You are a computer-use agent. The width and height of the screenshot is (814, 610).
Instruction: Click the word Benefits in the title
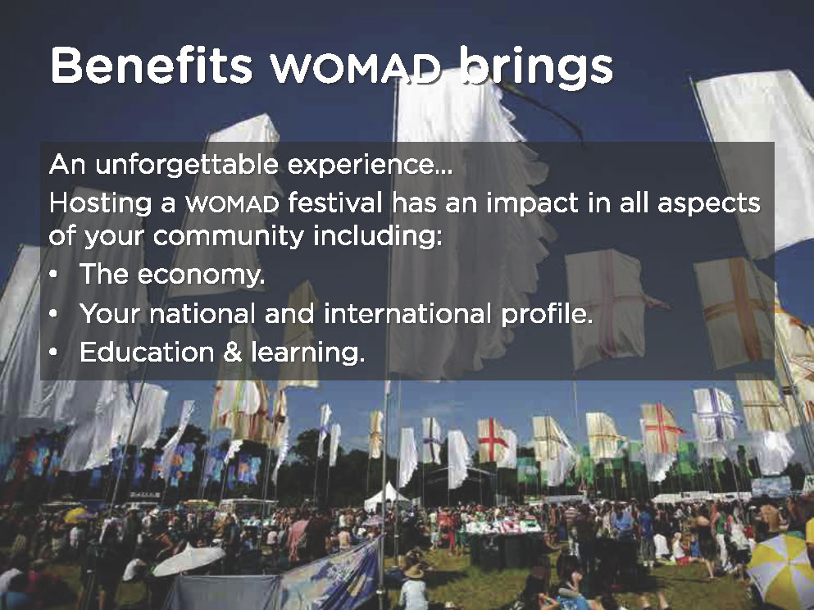pos(151,66)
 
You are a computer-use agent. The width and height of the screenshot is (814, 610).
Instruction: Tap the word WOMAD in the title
pos(355,69)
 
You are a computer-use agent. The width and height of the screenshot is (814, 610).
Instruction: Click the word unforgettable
pos(188,165)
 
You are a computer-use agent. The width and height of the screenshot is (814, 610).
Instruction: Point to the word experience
pos(370,165)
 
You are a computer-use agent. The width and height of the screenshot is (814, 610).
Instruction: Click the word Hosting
pos(100,203)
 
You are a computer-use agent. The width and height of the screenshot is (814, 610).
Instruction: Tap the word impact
pos(532,203)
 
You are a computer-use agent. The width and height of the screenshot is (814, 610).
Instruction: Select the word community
pos(229,237)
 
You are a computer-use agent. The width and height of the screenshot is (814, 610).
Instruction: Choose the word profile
pos(547,314)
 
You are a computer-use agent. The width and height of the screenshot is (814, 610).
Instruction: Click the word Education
pos(147,352)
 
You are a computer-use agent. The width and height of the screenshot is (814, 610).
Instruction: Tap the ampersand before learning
pos(233,353)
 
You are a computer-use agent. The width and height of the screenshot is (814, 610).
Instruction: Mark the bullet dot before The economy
pos(53,275)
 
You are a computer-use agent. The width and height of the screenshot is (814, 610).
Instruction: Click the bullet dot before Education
pos(53,353)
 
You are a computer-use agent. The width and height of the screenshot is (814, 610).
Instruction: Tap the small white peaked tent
pos(386,498)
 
